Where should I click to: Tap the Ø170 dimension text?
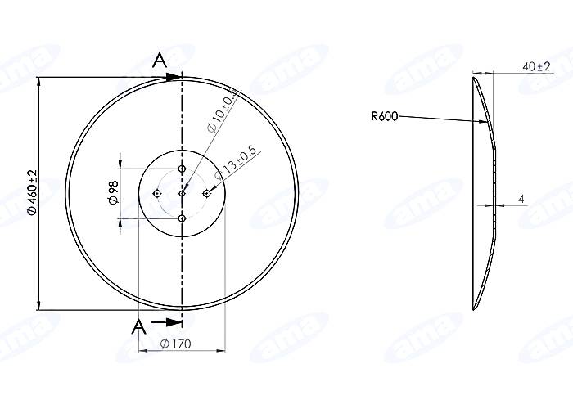tap(177, 344)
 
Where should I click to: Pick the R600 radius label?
tap(384, 117)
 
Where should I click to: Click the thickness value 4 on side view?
tap(521, 199)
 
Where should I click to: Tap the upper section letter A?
tap(160, 59)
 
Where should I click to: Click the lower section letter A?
tap(139, 326)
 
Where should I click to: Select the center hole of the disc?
tap(182, 194)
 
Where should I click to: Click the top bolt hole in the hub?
tap(182, 169)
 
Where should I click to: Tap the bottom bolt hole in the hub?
tap(182, 218)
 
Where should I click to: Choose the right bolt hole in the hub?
tap(206, 194)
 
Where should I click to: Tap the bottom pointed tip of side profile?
tap(474, 309)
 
